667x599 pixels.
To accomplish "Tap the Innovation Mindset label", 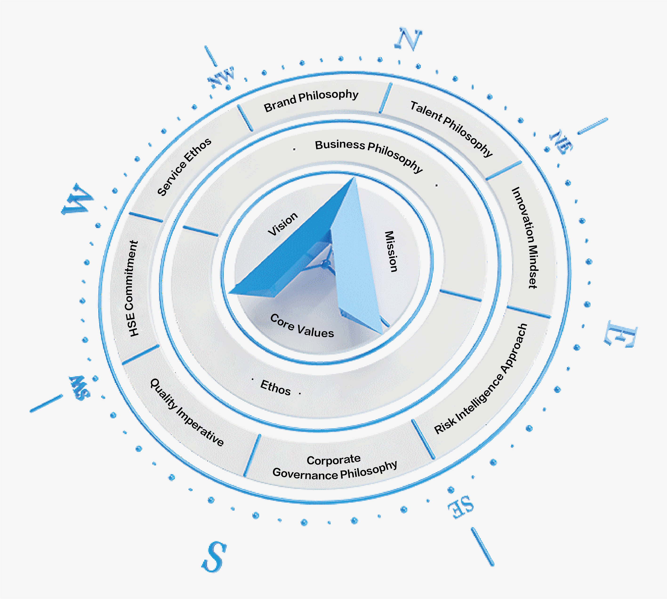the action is coord(525,238).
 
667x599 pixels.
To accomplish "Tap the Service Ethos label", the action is coord(184,167).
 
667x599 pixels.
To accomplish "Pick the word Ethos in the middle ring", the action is coord(275,388).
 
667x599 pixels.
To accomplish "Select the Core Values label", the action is coord(302,326).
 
